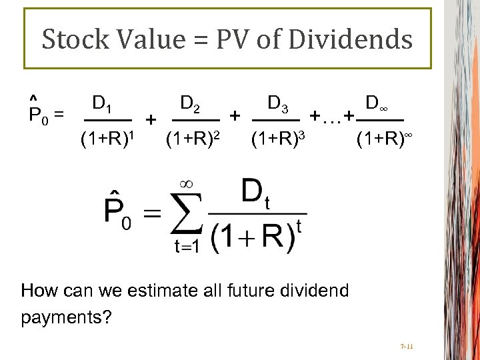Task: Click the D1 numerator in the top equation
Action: click(x=101, y=103)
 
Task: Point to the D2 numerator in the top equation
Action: click(x=191, y=103)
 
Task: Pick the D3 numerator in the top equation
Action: click(x=277, y=103)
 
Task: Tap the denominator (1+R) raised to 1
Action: click(x=107, y=139)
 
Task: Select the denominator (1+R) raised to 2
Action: click(x=193, y=139)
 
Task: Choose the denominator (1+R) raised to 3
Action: click(x=278, y=139)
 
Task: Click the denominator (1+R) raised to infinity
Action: click(x=384, y=139)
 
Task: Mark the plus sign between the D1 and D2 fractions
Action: click(x=151, y=120)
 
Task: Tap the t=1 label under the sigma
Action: click(x=189, y=247)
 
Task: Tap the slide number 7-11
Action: click(x=407, y=347)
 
